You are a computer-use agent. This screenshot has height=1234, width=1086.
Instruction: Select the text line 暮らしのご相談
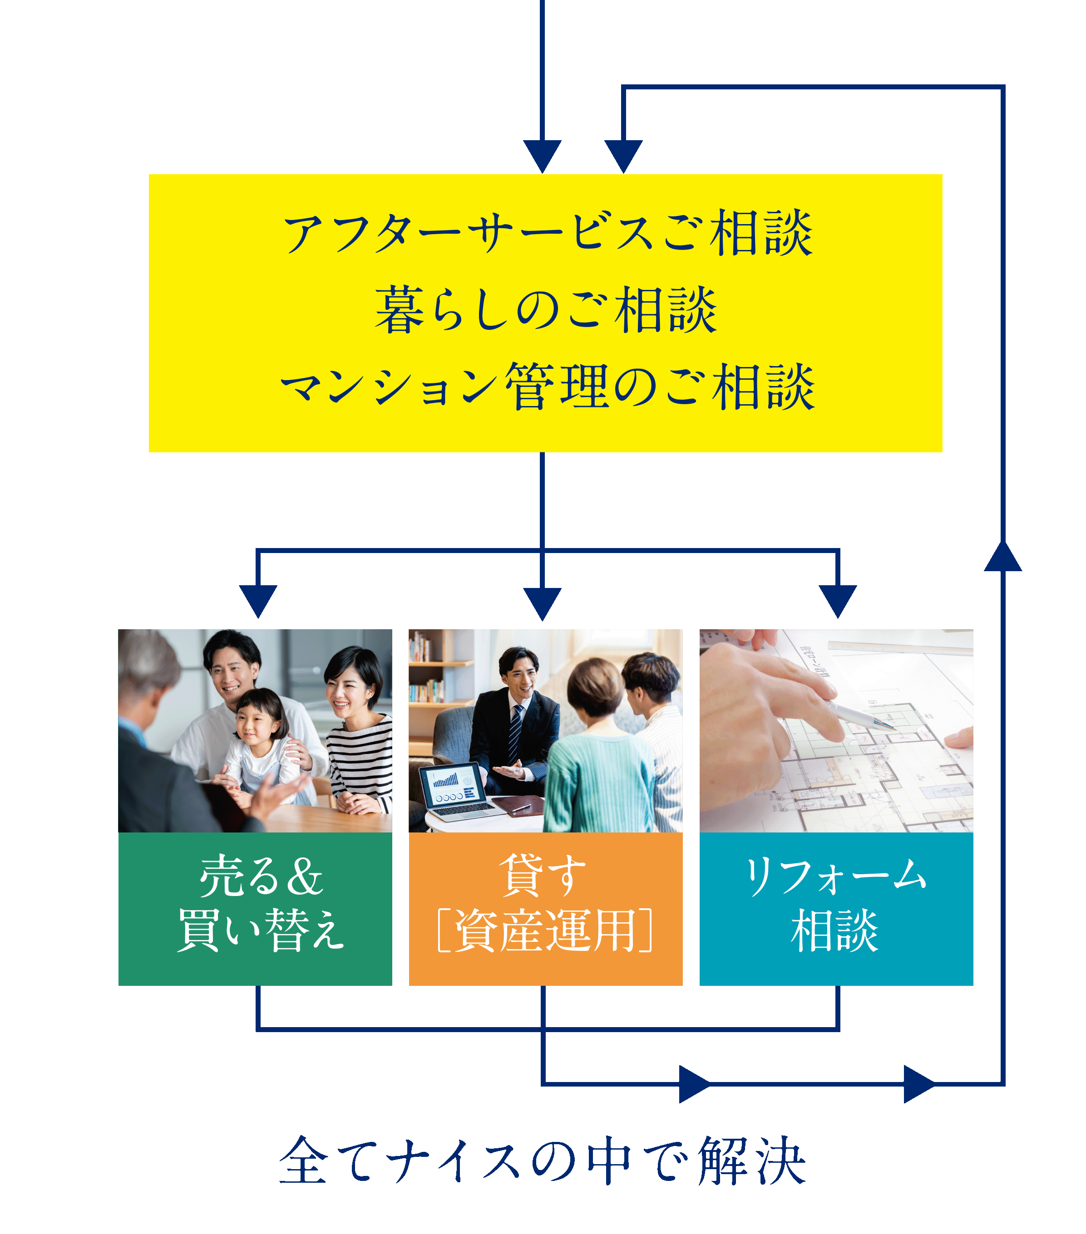pos(545,310)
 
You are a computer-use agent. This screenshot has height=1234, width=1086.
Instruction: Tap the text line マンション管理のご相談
pos(547,387)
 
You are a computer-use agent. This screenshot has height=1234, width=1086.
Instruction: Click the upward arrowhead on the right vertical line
pos(1002,557)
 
